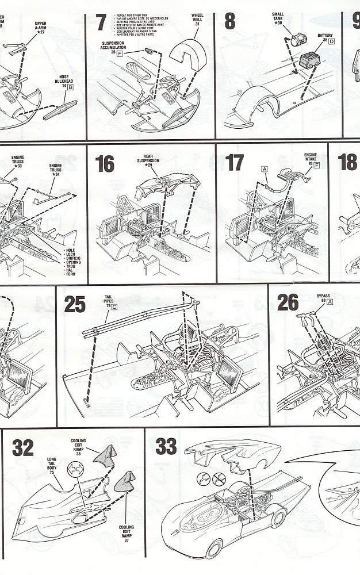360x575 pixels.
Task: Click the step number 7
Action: pos(101,22)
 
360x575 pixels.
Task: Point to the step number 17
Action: pos(235,163)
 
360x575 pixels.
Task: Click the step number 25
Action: pos(75,304)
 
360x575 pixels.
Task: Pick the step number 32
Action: pos(23,448)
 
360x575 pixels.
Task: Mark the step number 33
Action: pos(166,446)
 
